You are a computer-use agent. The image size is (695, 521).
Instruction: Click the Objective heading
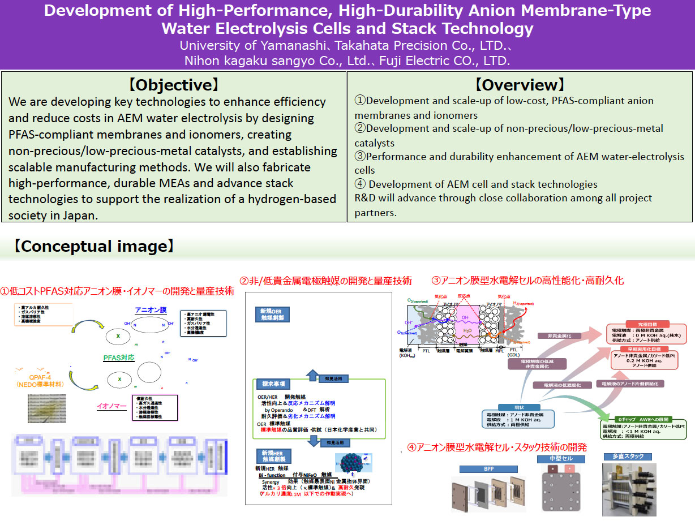173,85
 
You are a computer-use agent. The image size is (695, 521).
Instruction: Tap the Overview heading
520,85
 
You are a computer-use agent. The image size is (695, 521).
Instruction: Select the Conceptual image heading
93,247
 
